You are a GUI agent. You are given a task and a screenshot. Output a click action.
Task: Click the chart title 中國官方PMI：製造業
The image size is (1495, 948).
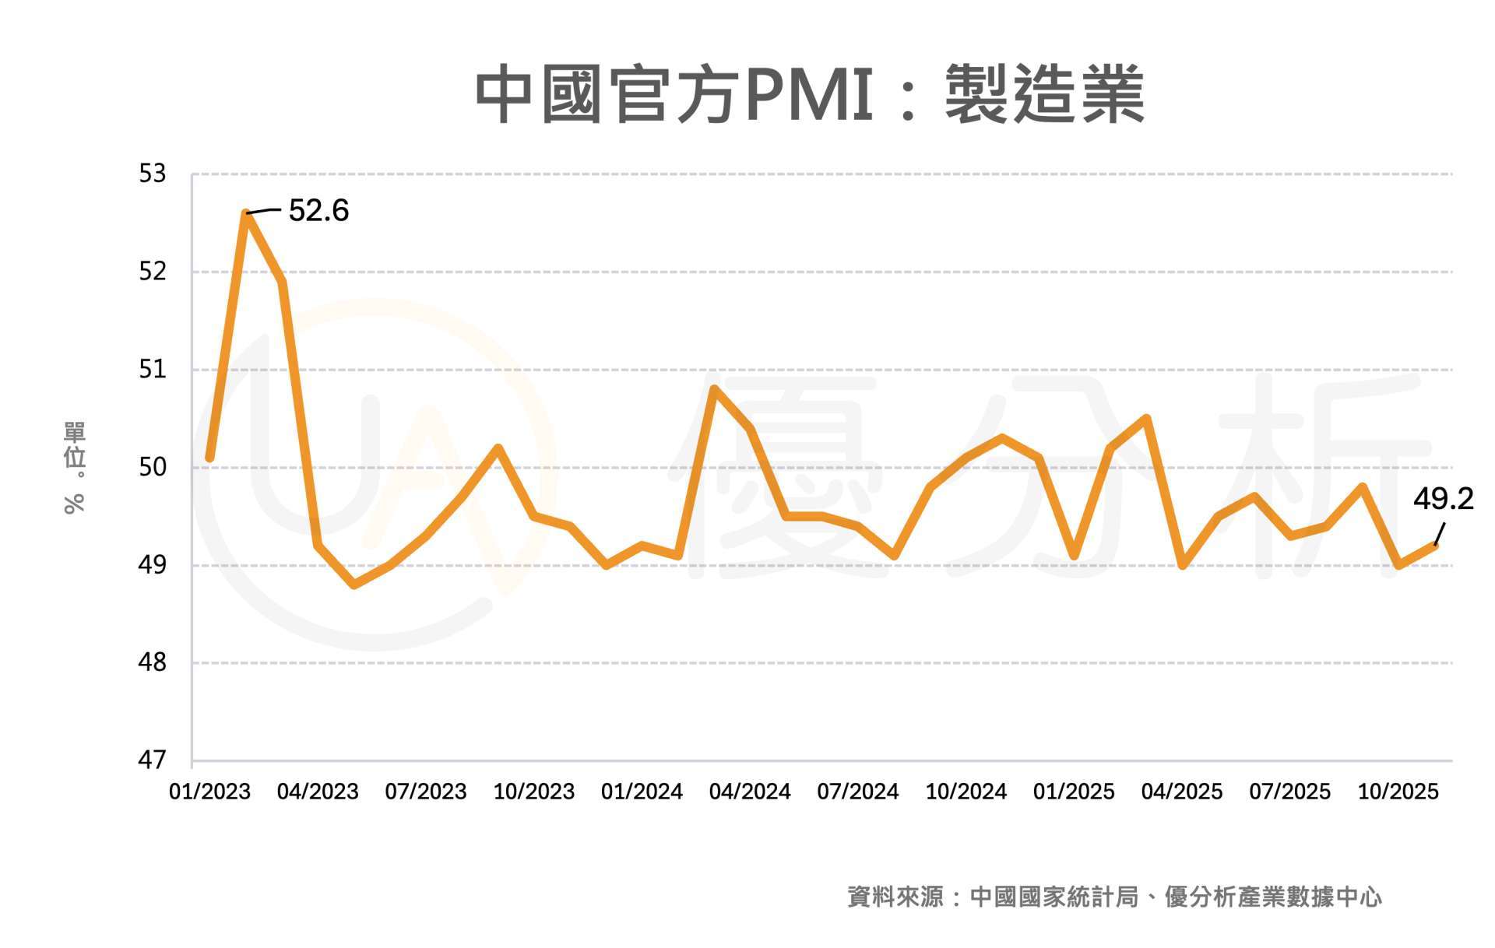[810, 95]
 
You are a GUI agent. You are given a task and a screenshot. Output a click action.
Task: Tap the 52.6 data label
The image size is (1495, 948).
[318, 211]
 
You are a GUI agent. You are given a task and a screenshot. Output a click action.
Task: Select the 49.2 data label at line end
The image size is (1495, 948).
[1443, 499]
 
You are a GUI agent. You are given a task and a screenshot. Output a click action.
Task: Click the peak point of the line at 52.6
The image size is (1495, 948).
[246, 213]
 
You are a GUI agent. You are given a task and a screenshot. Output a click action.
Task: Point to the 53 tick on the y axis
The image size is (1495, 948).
[153, 174]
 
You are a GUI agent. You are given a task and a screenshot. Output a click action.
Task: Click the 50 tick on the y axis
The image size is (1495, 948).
[153, 467]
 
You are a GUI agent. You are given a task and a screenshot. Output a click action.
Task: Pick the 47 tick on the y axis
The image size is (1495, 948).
[153, 760]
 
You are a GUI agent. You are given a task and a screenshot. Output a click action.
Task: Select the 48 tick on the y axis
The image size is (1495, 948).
[153, 662]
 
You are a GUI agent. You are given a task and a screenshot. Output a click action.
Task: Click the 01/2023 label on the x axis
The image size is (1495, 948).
[209, 792]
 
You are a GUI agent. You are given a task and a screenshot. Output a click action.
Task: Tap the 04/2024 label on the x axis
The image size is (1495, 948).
[749, 792]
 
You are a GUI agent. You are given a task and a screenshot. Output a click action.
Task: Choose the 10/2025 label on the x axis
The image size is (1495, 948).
[1398, 792]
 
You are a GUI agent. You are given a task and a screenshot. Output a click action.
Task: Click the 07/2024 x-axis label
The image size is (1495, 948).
[857, 792]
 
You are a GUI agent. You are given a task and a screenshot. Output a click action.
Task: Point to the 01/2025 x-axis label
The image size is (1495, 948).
[1074, 792]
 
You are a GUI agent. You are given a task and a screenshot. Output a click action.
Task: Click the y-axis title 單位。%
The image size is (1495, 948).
[75, 467]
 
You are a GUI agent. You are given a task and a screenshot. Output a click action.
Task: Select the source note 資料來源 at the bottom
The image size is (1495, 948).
[1114, 897]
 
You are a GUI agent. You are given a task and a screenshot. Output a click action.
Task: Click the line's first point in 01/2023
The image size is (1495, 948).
[210, 458]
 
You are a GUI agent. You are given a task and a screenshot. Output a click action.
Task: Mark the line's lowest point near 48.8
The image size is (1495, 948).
[354, 585]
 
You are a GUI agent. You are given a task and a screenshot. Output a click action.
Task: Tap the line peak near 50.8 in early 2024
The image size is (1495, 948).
[714, 388]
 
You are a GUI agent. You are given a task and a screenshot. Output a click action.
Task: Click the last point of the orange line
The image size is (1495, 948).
[1434, 546]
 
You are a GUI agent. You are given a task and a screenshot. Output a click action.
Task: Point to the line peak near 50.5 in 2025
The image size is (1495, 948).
[1146, 419]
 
